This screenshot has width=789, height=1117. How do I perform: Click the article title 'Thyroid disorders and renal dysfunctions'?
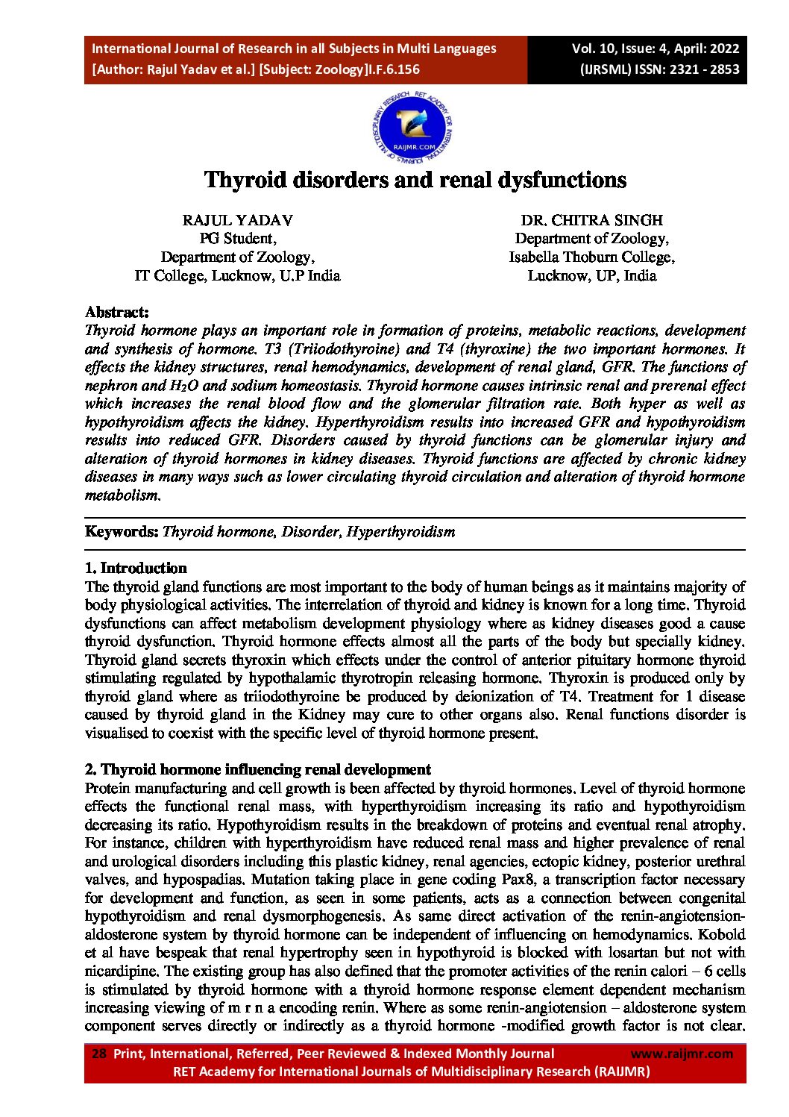[x=415, y=181]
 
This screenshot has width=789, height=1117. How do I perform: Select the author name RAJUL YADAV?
[x=237, y=220]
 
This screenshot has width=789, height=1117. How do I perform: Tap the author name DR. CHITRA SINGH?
[x=591, y=220]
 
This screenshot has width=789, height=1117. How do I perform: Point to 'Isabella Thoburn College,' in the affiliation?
[x=591, y=257]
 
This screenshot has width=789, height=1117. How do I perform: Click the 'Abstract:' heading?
[x=117, y=312]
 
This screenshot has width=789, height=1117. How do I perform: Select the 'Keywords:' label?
[x=122, y=532]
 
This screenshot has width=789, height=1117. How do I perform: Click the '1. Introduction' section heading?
[x=136, y=568]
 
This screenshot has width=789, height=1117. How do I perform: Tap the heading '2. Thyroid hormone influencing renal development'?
[x=258, y=769]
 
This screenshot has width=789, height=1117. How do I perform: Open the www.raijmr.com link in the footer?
[x=682, y=1054]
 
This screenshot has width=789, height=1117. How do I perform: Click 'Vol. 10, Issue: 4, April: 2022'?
[x=656, y=49]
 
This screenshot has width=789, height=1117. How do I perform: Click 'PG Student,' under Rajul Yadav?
[x=237, y=239]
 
